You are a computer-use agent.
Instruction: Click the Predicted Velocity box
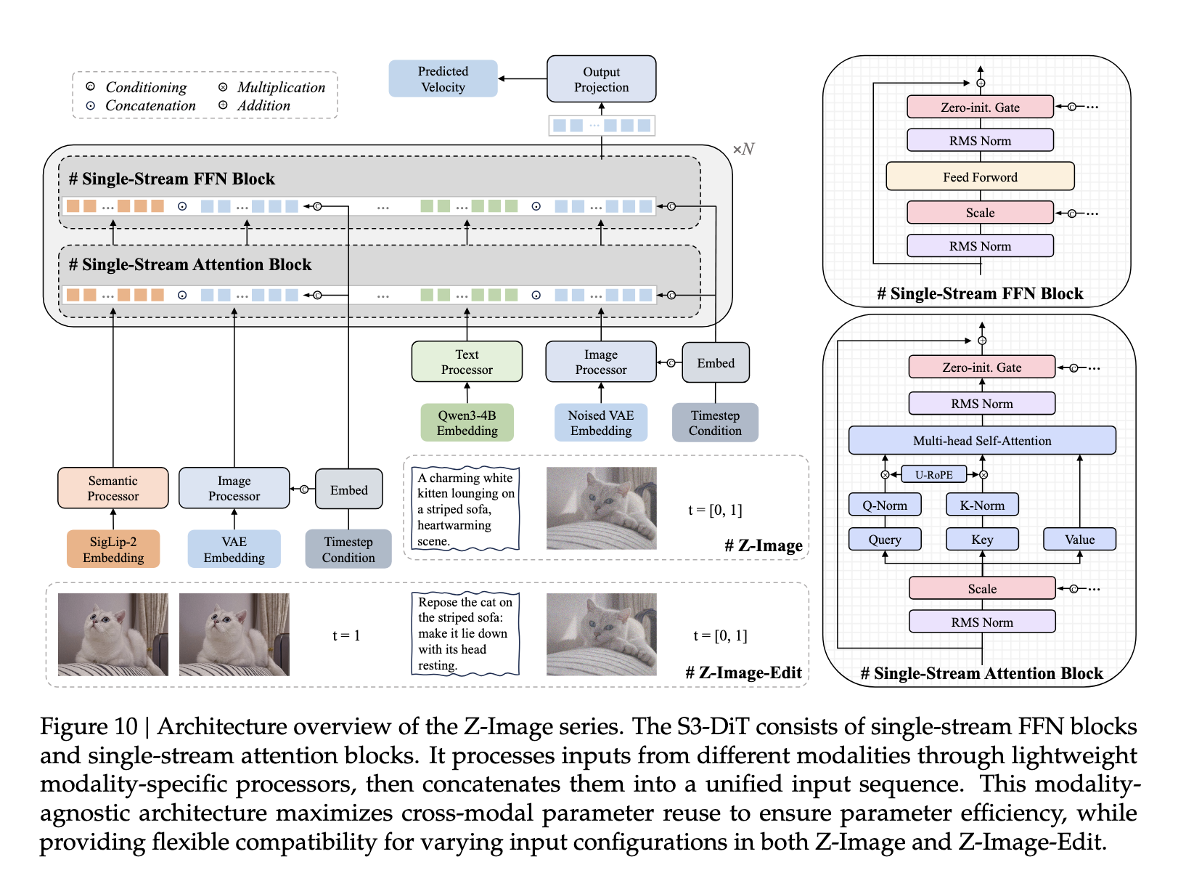[x=443, y=79]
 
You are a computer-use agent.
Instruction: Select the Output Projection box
[x=601, y=79]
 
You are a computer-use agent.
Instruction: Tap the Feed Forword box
[x=980, y=176]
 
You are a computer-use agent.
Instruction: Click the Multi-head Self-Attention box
[x=981, y=440]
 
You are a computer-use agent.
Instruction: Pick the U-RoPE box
[x=933, y=474]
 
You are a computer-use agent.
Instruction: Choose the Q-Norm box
[x=884, y=505]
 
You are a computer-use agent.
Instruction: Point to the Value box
[x=1079, y=539]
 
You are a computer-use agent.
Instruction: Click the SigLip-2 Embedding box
[x=113, y=549]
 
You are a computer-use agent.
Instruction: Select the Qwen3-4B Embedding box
[x=467, y=423]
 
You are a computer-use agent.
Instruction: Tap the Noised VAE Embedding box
[x=600, y=423]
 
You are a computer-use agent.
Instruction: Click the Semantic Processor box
[x=113, y=488]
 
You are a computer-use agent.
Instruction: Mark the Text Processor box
[x=467, y=362]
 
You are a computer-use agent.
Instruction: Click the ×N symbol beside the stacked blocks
[x=743, y=149]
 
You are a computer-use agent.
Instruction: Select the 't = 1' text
[x=346, y=635]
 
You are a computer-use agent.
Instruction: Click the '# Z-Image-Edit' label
[x=743, y=672]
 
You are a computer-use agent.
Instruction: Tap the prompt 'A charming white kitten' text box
[x=465, y=508]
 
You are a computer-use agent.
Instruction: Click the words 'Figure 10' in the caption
[x=89, y=726]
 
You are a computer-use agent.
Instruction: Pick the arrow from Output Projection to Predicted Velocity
[x=522, y=79]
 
